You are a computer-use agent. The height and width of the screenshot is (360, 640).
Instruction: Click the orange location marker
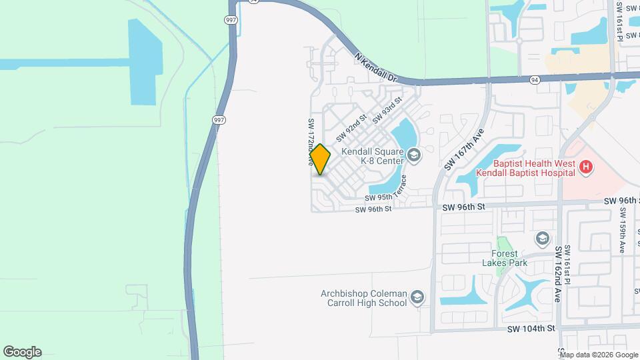[320, 159]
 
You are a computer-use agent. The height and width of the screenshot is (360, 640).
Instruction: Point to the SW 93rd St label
[388, 110]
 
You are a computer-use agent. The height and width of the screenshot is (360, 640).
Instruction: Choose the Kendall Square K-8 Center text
[373, 156]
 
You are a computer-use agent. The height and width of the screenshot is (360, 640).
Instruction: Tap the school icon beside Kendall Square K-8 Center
[414, 156]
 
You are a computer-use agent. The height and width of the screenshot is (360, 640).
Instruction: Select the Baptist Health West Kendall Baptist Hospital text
[525, 167]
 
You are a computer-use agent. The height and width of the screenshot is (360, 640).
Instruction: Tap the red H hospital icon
[586, 167]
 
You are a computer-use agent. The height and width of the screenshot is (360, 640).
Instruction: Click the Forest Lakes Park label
[509, 258]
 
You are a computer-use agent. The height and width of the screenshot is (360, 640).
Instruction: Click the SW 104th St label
[531, 329]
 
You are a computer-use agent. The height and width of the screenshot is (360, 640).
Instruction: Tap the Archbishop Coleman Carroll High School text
[363, 297]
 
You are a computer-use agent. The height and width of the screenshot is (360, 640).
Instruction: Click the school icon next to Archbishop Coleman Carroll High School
[417, 297]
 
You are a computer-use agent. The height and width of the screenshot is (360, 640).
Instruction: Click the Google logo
[22, 352]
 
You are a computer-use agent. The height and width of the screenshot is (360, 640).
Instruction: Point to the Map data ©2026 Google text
[599, 355]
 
